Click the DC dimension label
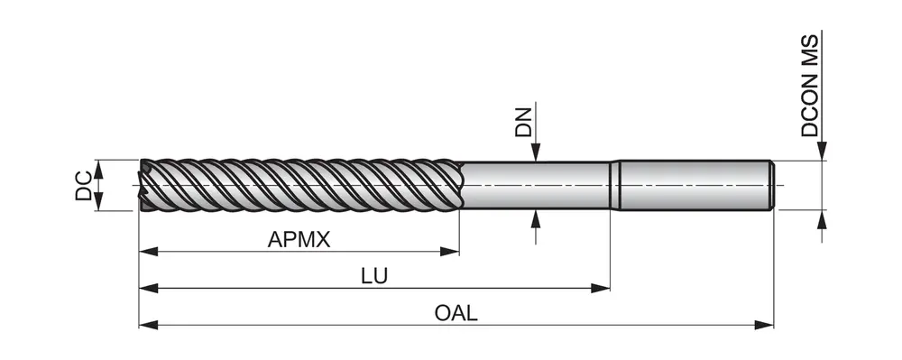(84, 185)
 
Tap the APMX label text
(299, 239)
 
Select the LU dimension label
(374, 276)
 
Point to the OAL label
(456, 313)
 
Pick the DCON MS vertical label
(810, 86)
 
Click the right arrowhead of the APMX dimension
(450, 252)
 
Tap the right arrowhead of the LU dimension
(601, 288)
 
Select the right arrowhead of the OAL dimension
(764, 326)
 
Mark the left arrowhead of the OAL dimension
(149, 326)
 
